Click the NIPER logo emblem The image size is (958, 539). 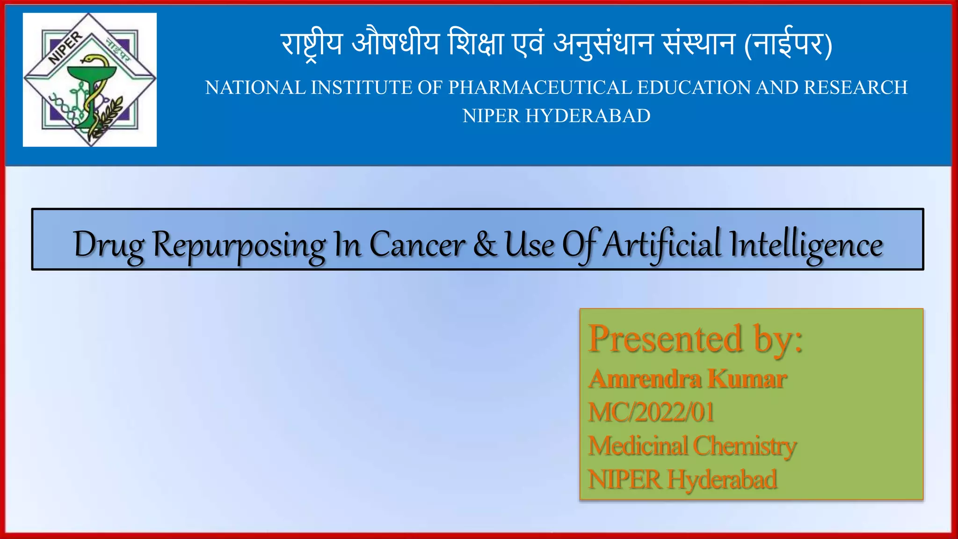(90, 80)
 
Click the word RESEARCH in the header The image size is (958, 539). (856, 87)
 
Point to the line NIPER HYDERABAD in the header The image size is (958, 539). (556, 116)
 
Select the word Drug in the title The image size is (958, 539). (109, 245)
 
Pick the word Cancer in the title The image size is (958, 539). (417, 244)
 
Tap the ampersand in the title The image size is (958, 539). (485, 244)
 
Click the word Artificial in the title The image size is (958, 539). (661, 244)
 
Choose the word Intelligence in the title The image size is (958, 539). (806, 245)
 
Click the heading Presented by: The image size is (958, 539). (695, 338)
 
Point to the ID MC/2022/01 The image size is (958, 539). (651, 412)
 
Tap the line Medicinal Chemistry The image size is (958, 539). (692, 446)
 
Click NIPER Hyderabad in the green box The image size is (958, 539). (682, 480)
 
